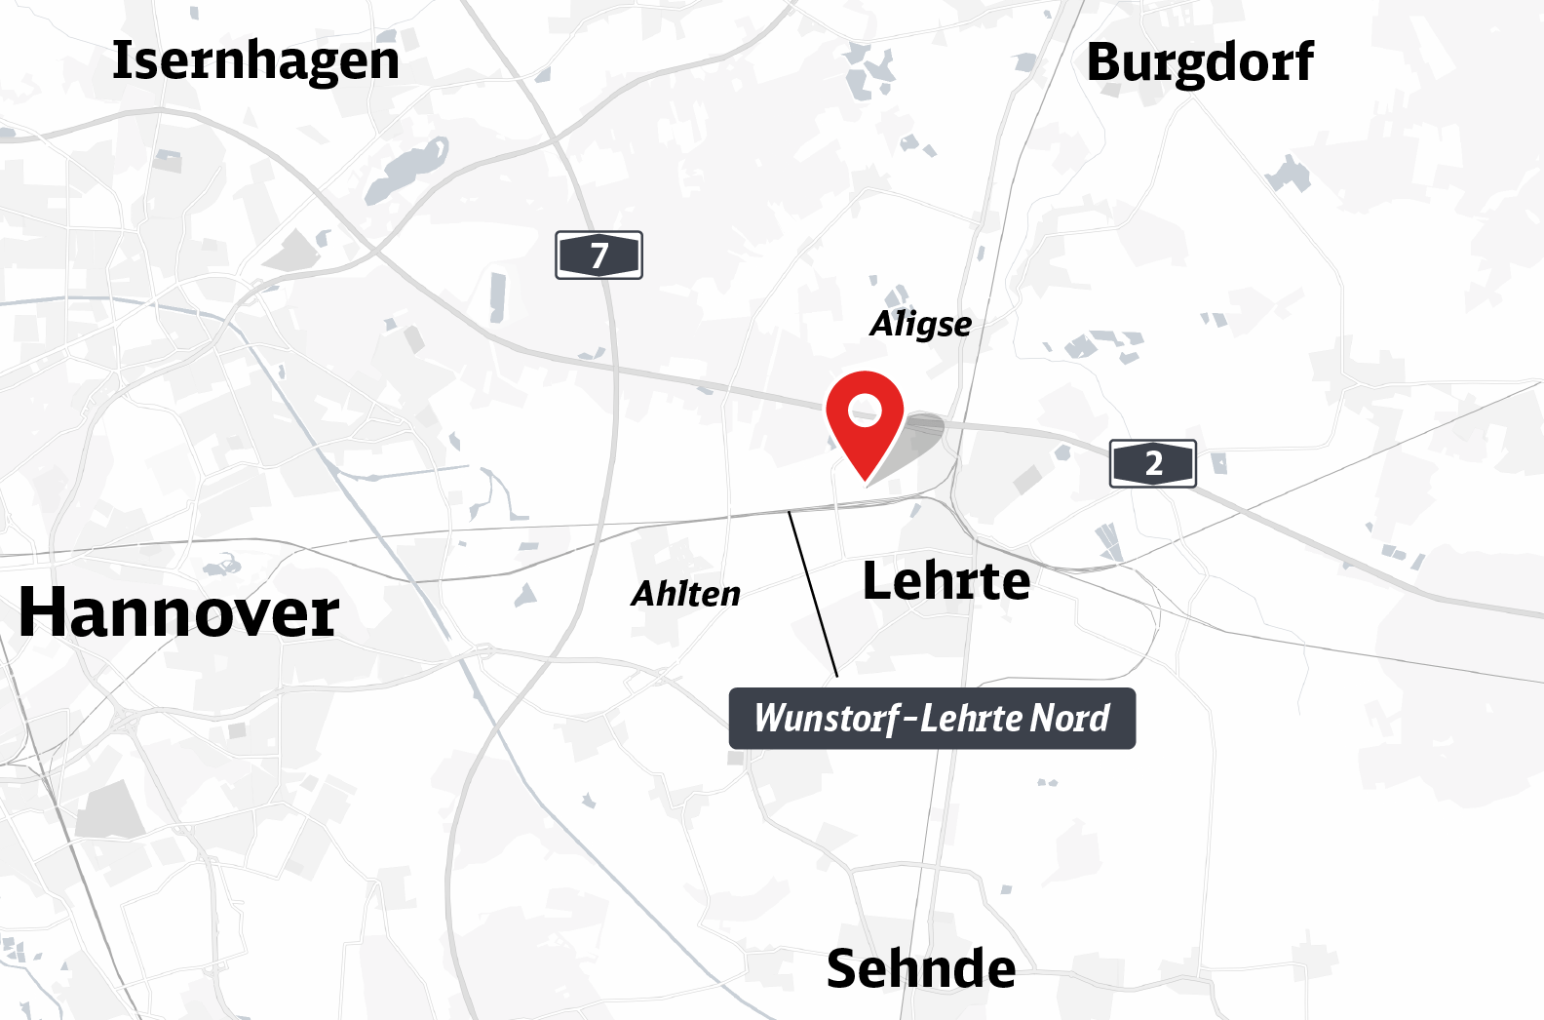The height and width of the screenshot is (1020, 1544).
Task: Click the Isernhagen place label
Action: (255, 60)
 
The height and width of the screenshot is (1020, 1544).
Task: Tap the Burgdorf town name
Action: (1199, 62)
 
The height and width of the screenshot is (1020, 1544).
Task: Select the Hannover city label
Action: (178, 612)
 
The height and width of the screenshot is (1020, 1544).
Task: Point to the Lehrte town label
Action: (946, 581)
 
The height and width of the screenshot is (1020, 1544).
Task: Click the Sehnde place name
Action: (920, 968)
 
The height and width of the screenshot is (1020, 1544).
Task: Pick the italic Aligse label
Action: (920, 324)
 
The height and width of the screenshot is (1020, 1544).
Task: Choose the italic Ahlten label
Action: (685, 593)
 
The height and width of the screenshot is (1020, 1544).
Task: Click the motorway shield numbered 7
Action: (598, 255)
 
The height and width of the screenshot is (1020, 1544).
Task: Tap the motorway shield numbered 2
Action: (1153, 463)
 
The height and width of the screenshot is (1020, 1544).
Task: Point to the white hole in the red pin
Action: (865, 409)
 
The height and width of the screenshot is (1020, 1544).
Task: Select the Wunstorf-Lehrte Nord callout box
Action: (932, 719)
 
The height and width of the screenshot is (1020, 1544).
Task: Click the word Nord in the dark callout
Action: (1069, 719)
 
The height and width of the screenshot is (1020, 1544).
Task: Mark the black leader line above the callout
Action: (813, 593)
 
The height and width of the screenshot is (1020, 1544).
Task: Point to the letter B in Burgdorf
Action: (1105, 62)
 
